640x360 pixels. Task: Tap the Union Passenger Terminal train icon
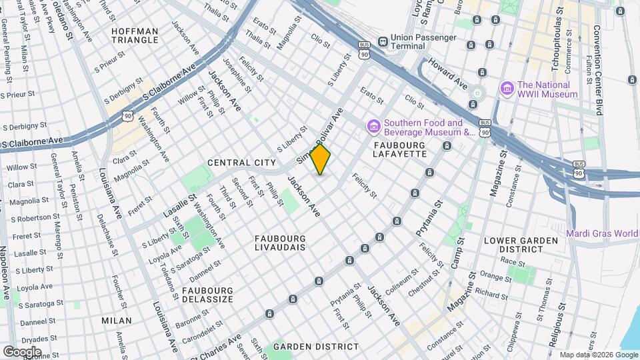tap(383, 41)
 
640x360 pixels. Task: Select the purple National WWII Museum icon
tap(507, 88)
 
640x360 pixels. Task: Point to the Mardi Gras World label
tap(603, 233)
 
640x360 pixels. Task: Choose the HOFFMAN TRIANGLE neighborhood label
tap(135, 35)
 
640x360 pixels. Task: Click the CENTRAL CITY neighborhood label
tap(241, 163)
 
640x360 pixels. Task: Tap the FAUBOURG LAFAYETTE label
tap(400, 149)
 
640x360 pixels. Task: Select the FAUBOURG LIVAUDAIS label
tap(280, 243)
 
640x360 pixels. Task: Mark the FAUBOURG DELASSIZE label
tap(208, 295)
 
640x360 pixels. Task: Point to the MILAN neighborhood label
tap(116, 321)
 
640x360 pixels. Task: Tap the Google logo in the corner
tap(22, 351)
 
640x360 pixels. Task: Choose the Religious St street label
tap(553, 313)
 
